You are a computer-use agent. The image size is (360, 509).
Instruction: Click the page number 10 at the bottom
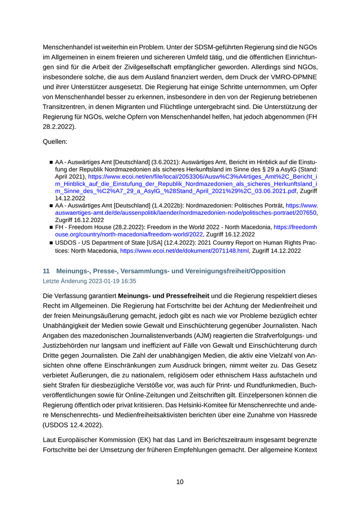179,482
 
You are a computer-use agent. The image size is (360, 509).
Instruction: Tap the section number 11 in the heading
46,270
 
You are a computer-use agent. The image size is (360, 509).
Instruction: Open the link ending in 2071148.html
185,251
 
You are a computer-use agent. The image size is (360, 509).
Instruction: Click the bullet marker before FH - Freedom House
51,227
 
